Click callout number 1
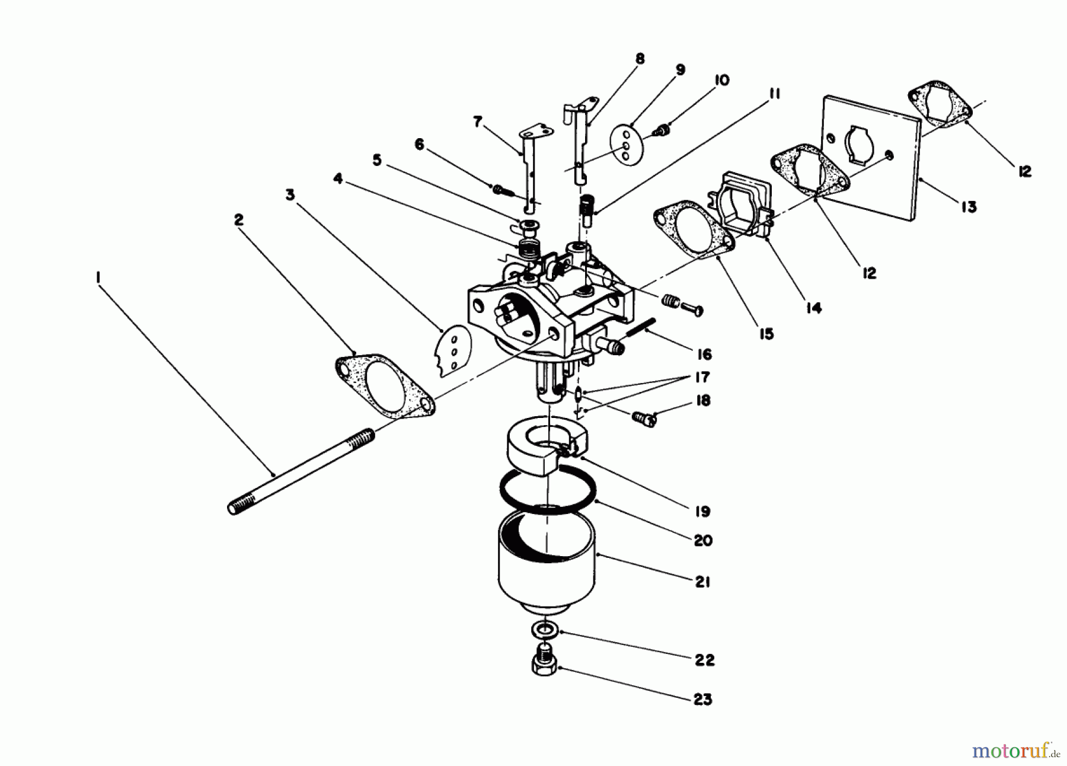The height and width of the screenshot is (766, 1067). pos(97,277)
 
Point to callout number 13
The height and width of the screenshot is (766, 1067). pos(969,208)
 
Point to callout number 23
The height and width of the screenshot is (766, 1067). pos(703,700)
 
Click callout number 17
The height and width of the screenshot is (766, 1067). pos(703,377)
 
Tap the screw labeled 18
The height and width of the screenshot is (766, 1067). pos(645,420)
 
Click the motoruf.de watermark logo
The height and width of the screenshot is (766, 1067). pos(1015,751)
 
